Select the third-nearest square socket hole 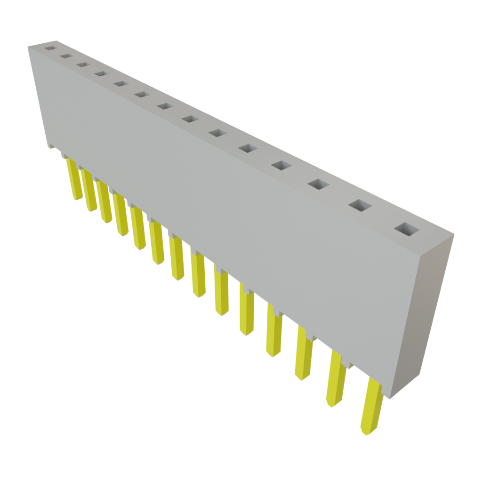pyautogui.click(x=319, y=185)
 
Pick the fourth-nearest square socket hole pyautogui.click(x=281, y=166)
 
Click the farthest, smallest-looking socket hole pyautogui.click(x=49, y=48)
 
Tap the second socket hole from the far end pyautogui.click(x=65, y=56)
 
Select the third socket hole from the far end pyautogui.click(x=82, y=64)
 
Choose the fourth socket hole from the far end pyautogui.click(x=100, y=74)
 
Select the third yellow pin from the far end pyautogui.click(x=104, y=201)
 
